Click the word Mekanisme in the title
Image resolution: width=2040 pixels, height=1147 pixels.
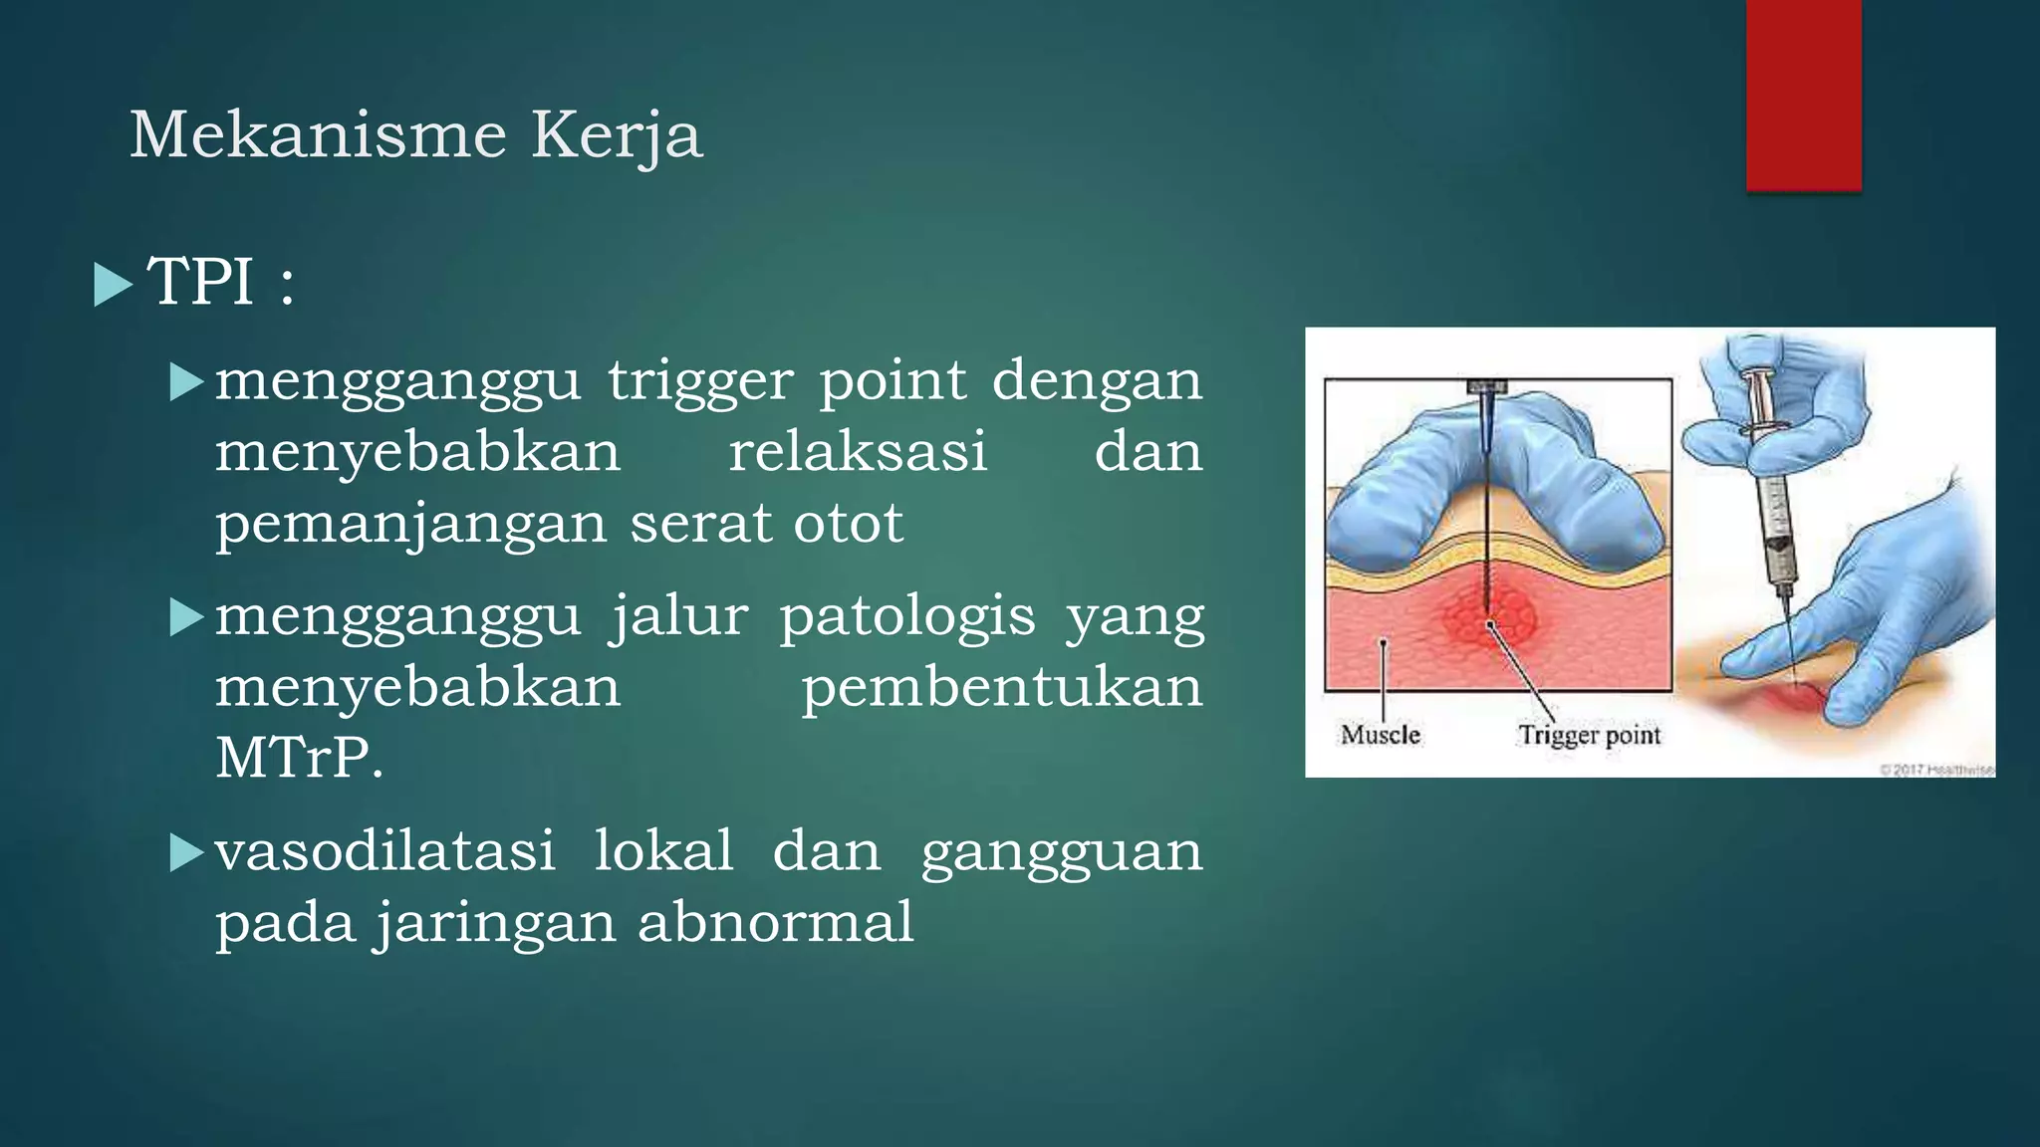click(318, 134)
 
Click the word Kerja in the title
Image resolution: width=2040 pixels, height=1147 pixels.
click(617, 136)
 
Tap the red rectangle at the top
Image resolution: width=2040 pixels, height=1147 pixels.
click(1803, 95)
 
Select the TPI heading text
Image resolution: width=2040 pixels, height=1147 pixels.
click(220, 282)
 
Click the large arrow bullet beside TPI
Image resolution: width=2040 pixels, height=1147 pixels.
click(113, 285)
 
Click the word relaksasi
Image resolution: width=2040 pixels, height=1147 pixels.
click(858, 452)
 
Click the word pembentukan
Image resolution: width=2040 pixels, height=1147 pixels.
click(1002, 688)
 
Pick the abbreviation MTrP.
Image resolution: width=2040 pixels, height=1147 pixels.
click(299, 759)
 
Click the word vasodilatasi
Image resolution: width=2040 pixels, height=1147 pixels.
click(385, 852)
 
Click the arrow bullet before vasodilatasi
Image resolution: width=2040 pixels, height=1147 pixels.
click(186, 853)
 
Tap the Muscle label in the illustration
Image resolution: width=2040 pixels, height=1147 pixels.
click(1380, 735)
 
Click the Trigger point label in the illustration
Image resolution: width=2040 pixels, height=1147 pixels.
click(1589, 735)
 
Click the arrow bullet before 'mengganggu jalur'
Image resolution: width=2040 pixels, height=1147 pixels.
click(186, 617)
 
